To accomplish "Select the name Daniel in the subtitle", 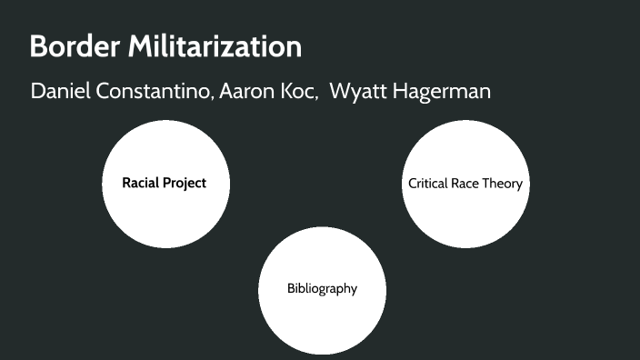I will [61, 92].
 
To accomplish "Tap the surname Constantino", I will [155, 92].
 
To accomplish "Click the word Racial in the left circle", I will [141, 183].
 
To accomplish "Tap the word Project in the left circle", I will [185, 184].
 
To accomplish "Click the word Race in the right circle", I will [469, 184].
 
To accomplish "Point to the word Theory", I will [505, 185].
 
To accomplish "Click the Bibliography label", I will [322, 289].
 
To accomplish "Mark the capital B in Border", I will [38, 46].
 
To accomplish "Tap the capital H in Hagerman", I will [401, 92].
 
